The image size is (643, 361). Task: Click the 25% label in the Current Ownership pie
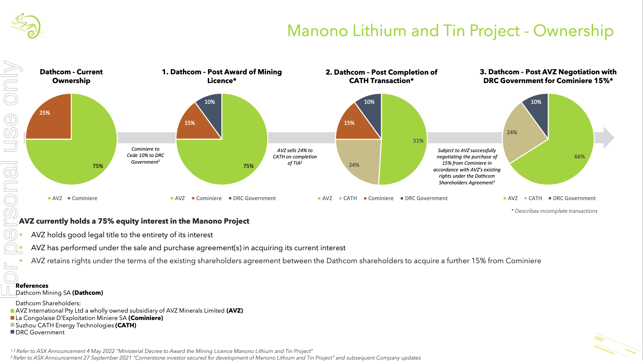[44, 113]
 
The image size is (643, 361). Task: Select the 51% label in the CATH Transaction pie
[418, 141]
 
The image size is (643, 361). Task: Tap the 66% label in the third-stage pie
[580, 157]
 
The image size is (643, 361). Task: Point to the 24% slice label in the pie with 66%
[512, 132]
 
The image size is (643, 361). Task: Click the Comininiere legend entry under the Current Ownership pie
[84, 198]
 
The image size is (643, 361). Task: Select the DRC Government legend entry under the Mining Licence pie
[254, 198]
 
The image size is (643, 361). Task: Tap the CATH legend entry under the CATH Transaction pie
[350, 198]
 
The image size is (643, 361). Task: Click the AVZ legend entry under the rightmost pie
[512, 198]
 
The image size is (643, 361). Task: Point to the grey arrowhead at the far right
[609, 138]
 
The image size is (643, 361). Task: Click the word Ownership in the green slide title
[573, 31]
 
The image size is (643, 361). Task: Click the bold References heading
[32, 286]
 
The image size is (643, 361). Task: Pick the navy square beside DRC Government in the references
[13, 332]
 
